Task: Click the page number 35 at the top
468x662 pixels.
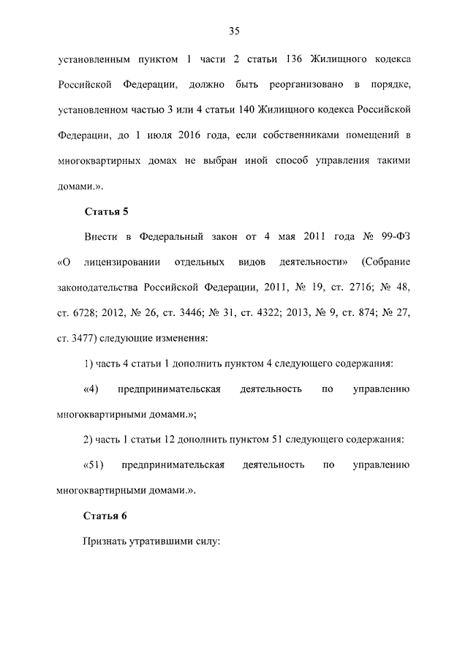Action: pyautogui.click(x=234, y=31)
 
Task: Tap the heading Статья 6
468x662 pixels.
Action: pyautogui.click(x=106, y=516)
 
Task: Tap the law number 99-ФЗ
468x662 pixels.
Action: pyautogui.click(x=392, y=238)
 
